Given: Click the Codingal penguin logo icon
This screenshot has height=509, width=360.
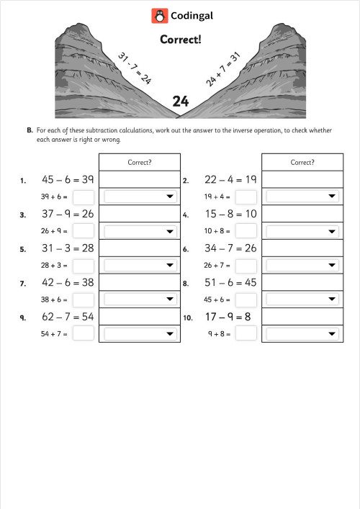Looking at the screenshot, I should [159, 15].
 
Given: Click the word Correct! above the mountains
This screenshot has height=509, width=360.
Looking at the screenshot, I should [180, 40].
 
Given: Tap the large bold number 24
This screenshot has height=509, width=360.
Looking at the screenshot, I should [180, 102].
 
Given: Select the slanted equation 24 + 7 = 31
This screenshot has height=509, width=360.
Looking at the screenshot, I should [223, 69].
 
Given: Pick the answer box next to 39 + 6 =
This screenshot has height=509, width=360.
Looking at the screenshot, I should [84, 196].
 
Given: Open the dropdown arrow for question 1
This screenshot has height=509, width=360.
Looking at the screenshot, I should [170, 196].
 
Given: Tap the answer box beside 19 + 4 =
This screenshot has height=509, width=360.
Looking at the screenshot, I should [246, 196].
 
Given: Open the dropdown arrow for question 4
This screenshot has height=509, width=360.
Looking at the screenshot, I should [332, 230].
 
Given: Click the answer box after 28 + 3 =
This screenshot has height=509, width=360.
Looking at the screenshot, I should [84, 265].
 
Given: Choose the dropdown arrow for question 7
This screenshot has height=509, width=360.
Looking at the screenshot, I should [170, 299].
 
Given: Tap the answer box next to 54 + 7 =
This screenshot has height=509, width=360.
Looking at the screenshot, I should [84, 333].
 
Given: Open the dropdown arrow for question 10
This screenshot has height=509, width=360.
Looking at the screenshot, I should [332, 333].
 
